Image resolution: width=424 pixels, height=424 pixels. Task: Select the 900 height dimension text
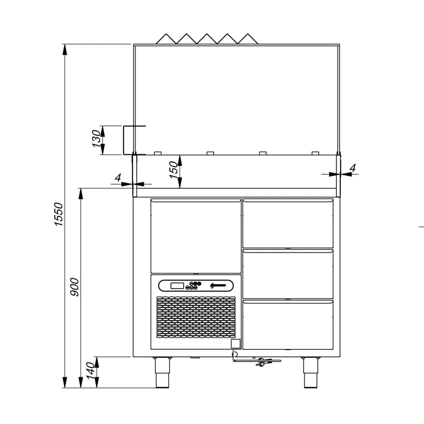pyautogui.click(x=75, y=287)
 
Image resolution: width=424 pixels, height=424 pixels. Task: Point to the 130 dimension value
pyautogui.click(x=97, y=139)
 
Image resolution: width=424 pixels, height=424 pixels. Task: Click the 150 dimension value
pyautogui.click(x=174, y=170)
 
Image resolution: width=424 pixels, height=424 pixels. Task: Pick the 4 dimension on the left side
pyautogui.click(x=118, y=177)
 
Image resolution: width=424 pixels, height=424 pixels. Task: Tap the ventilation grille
pyautogui.click(x=196, y=318)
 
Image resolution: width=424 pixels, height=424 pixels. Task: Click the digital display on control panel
pyautogui.click(x=177, y=286)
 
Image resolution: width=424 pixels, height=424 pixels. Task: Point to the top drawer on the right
pyautogui.click(x=287, y=223)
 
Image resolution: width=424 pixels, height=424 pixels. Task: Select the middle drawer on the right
pyautogui.click(x=287, y=274)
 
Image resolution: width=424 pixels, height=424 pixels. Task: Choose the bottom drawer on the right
pyautogui.click(x=287, y=325)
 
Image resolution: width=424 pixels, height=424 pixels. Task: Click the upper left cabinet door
pyautogui.click(x=196, y=236)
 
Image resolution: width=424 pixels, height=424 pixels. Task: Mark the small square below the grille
pyautogui.click(x=235, y=344)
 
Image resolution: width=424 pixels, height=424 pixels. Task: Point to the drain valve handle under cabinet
pyautogui.click(x=259, y=361)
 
